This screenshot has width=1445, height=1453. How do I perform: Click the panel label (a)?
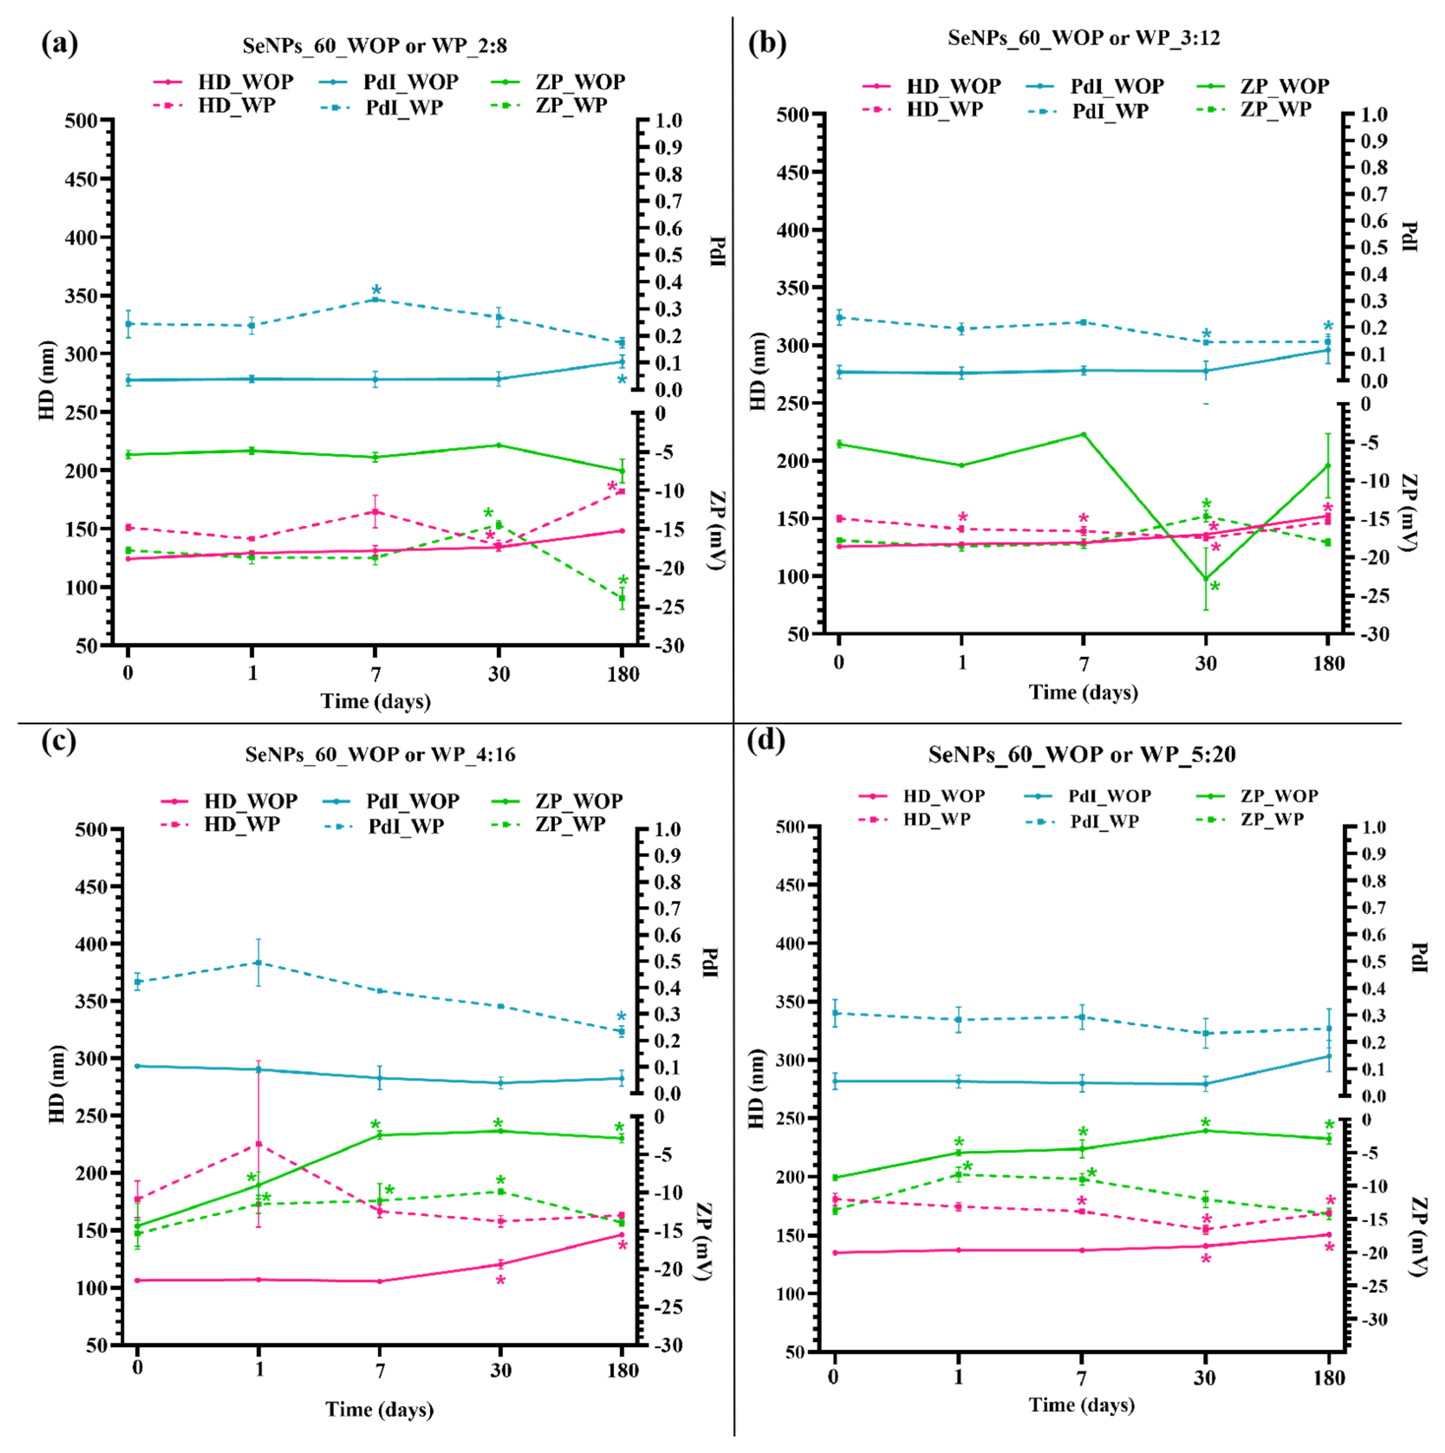(59, 44)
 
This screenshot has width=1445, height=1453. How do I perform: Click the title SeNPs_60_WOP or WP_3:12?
(1084, 38)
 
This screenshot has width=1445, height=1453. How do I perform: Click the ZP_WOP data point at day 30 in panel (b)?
(1206, 579)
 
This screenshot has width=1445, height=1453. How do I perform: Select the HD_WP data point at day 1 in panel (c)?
(259, 1144)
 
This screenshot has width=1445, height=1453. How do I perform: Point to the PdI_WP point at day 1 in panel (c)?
(259, 963)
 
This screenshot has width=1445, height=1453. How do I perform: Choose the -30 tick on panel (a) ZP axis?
(668, 646)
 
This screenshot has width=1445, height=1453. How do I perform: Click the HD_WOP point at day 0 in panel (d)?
(834, 1253)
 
